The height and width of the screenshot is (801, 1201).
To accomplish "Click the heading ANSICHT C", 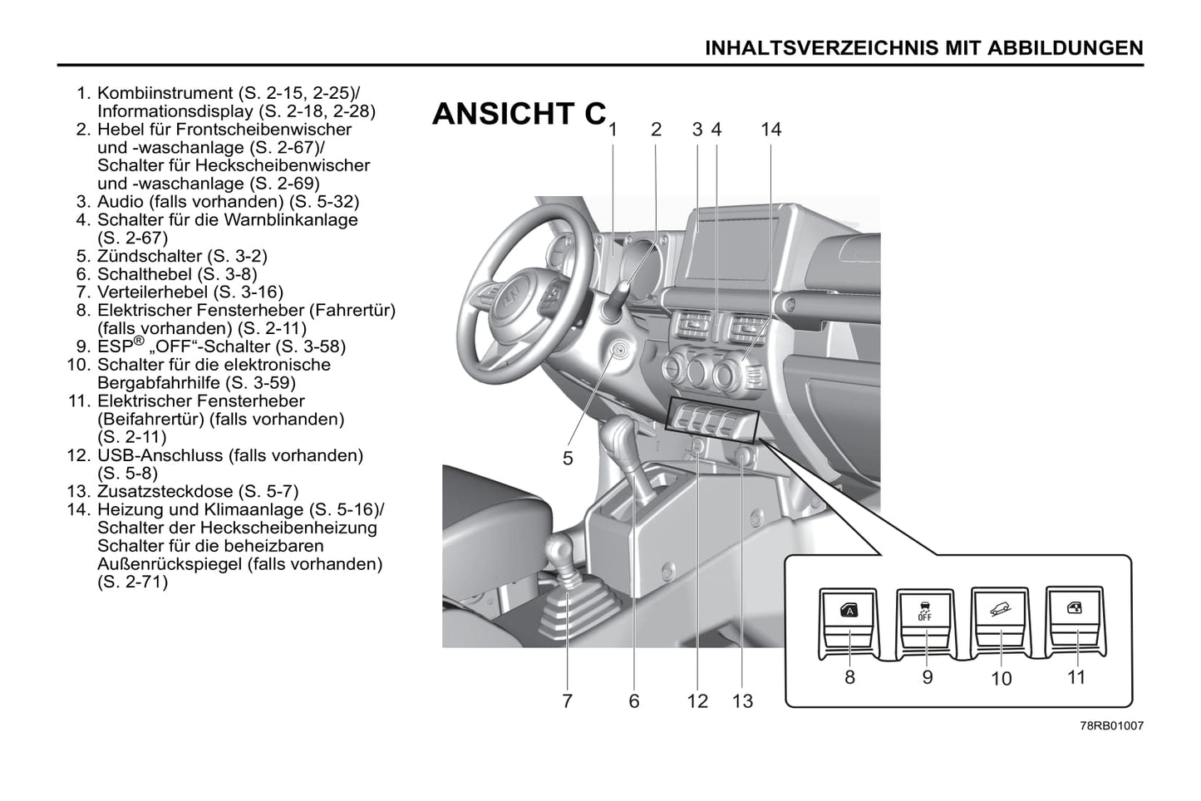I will tap(519, 115).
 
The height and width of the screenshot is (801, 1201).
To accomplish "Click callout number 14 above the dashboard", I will tap(770, 130).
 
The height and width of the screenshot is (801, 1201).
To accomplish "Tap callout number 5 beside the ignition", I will tap(568, 458).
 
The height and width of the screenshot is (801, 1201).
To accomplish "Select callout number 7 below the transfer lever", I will tap(567, 701).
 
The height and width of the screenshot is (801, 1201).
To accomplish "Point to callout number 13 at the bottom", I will tap(742, 701).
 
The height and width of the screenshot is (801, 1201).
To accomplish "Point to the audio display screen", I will tap(729, 248).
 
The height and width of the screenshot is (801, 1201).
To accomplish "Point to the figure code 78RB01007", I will tap(1111, 725).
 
